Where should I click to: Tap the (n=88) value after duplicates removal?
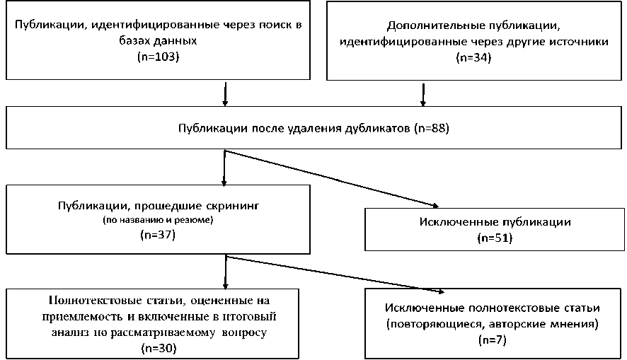[x=428, y=129]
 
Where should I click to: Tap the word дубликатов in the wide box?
[x=379, y=129]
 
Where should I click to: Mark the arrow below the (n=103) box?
[x=225, y=93]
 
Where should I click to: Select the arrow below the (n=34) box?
[x=423, y=93]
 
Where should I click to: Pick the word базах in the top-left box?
[x=134, y=41]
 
